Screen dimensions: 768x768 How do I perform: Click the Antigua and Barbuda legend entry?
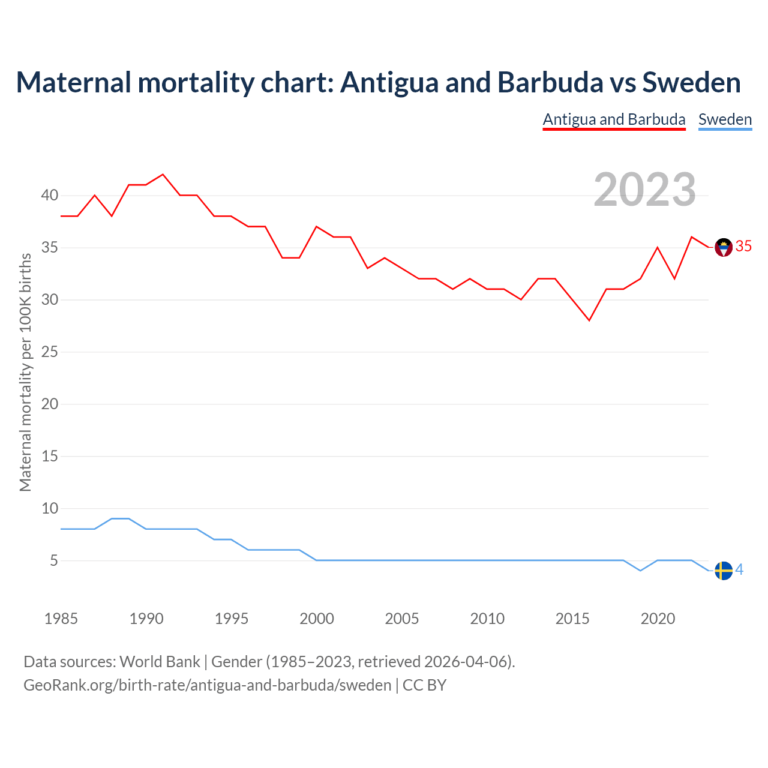614,119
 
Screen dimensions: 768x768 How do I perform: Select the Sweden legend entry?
725,119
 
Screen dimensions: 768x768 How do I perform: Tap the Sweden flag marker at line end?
724,571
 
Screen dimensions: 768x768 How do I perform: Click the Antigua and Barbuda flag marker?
724,247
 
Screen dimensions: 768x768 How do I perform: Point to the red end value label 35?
743,247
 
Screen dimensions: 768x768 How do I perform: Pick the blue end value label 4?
740,569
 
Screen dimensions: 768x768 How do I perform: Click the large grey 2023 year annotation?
645,190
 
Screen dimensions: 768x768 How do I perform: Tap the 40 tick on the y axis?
50,196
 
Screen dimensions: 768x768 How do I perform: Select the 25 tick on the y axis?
50,352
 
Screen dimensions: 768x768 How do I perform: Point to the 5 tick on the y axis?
54,560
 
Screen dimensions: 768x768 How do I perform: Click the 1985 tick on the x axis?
61,619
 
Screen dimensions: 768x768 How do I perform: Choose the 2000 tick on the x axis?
317,619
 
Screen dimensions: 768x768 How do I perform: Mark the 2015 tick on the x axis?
572,619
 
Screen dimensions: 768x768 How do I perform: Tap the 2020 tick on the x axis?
658,619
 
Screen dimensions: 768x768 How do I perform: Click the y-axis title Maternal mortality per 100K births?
25,372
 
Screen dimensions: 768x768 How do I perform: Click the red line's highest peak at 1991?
163,175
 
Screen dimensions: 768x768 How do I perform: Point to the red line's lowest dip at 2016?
589,320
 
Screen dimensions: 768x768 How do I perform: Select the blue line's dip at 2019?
640,571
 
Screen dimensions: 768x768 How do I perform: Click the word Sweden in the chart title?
691,82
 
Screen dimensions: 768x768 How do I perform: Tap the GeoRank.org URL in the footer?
207,685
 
